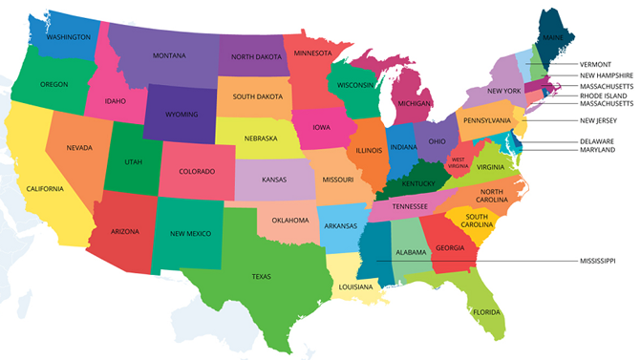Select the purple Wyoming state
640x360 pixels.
click(181, 113)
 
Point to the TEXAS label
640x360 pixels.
click(261, 276)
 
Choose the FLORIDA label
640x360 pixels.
click(486, 310)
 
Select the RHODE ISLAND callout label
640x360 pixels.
click(603, 95)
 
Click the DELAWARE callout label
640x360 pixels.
click(598, 140)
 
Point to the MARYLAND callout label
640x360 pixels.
click(598, 150)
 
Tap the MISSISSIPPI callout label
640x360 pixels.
click(598, 260)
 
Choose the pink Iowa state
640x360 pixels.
click(319, 128)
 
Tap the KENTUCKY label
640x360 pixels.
click(418, 183)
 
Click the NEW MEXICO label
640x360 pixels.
click(190, 233)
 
